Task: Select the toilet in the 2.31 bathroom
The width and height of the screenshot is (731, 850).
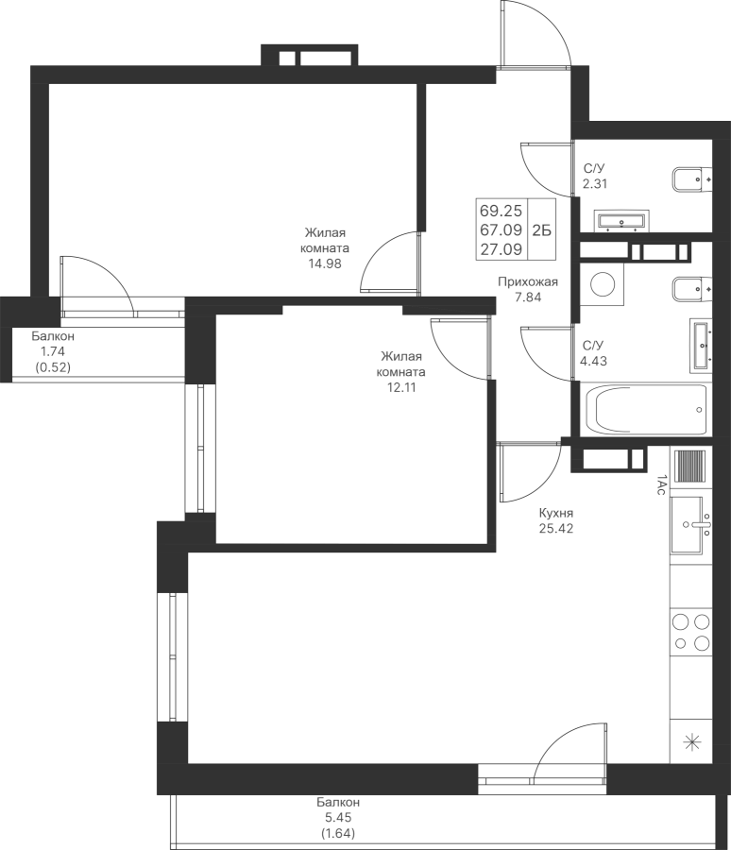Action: [x=691, y=178]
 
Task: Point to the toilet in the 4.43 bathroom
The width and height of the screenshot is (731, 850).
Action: [x=690, y=287]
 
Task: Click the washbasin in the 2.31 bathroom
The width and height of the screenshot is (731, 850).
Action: [x=621, y=221]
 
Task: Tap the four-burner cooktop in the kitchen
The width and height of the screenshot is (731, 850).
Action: [x=690, y=633]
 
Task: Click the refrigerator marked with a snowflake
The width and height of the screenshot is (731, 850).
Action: [x=690, y=742]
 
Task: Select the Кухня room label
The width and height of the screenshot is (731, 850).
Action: [x=556, y=513]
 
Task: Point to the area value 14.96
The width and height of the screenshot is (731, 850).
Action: [x=324, y=264]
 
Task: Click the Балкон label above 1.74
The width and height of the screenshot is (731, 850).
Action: [x=53, y=336]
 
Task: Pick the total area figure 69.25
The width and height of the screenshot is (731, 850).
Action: [x=501, y=211]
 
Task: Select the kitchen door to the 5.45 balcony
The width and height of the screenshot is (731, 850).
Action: [x=568, y=756]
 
